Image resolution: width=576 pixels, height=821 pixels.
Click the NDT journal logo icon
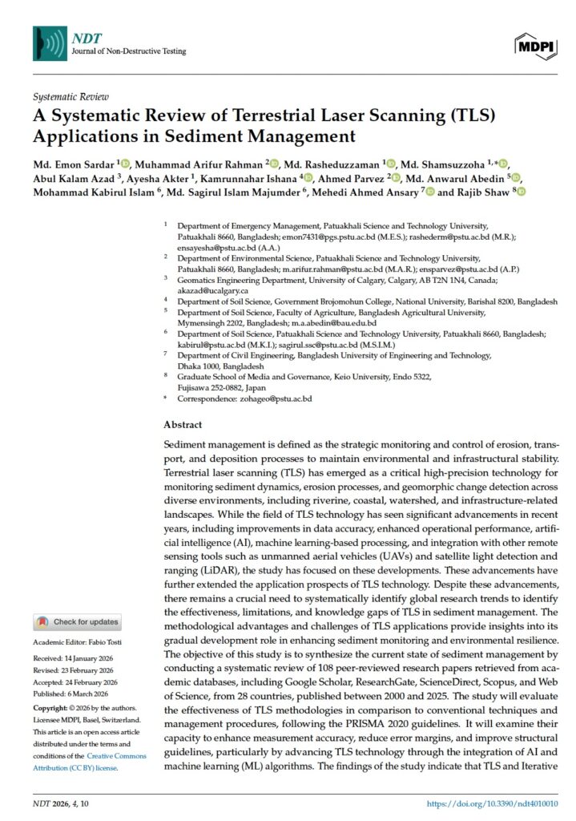coord(49,42)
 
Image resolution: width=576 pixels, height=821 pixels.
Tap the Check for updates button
coord(78,622)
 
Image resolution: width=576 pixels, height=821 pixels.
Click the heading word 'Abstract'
coord(183,425)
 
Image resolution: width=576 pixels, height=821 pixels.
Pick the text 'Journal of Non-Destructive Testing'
coord(128,51)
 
